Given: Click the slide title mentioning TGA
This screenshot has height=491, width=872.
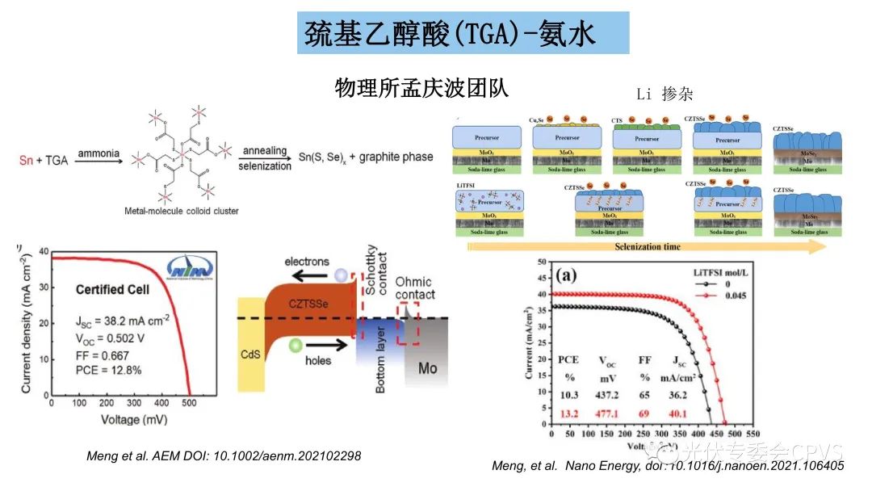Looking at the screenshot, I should tap(450, 33).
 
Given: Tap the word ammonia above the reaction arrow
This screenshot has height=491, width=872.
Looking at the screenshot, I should tap(94, 152).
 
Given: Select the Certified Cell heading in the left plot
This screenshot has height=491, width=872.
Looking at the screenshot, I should tap(111, 289).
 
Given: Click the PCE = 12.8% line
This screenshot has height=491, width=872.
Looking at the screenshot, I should tap(109, 370).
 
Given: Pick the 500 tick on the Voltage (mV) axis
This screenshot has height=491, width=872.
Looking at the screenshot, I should tap(188, 403).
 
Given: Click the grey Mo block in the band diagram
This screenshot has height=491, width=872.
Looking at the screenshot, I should tap(426, 368).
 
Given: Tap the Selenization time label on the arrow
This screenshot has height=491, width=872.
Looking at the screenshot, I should tap(648, 246).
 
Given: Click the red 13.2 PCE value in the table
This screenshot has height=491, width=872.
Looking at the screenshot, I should tap(568, 414).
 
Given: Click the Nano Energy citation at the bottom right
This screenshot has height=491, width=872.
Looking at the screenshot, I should tap(668, 466).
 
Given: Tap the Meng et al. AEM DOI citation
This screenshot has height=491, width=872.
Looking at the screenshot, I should tap(223, 456).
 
